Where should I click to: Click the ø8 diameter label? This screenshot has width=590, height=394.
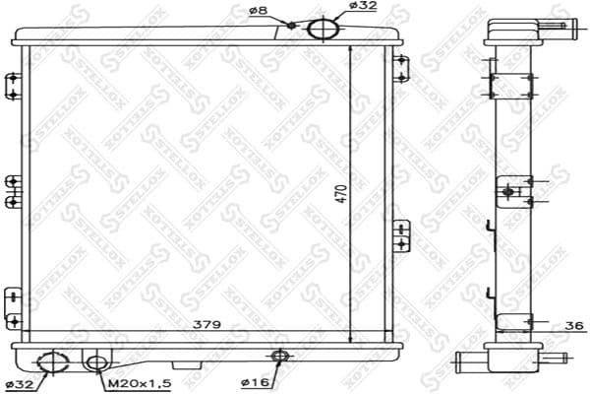260,10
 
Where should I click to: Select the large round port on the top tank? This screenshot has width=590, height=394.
322,28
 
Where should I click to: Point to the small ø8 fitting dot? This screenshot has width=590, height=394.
292,25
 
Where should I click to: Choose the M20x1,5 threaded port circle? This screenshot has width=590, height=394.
96,363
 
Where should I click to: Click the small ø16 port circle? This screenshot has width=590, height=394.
279,357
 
